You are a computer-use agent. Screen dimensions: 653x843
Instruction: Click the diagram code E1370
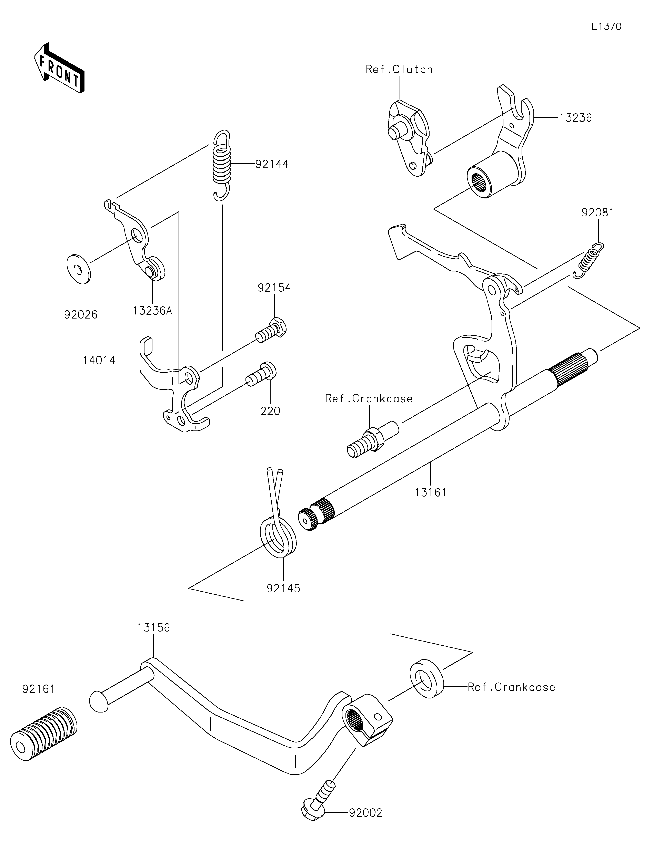(607, 27)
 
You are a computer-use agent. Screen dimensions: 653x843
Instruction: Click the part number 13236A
(152, 311)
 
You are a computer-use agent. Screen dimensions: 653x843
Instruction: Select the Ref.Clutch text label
(399, 70)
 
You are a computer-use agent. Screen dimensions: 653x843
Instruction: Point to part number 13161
(431, 492)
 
